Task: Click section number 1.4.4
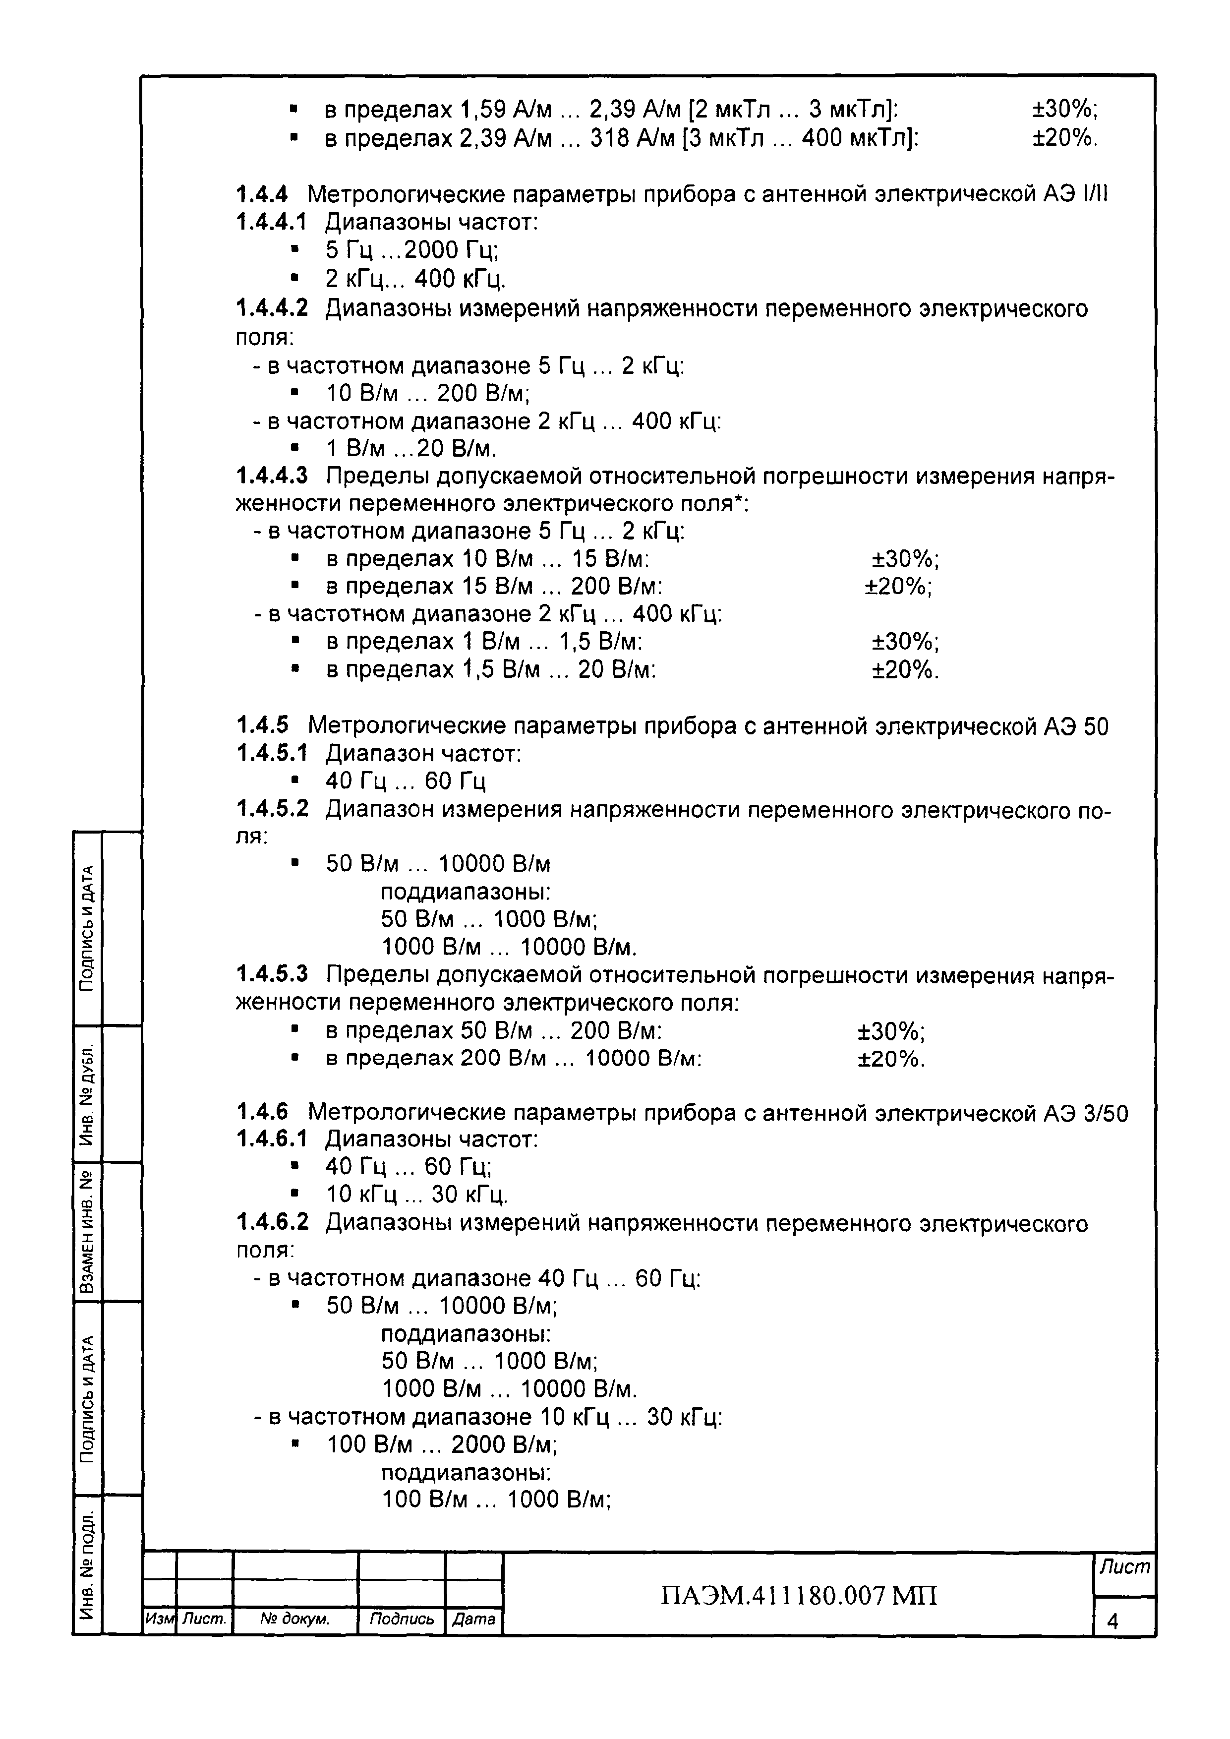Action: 262,195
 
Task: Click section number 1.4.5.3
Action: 273,974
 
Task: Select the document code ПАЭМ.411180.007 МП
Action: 799,1596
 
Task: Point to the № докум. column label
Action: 294,1619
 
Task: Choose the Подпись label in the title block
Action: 402,1619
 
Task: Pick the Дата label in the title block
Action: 473,1619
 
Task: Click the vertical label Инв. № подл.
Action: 88,1566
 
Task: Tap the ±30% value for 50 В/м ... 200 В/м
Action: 891,1031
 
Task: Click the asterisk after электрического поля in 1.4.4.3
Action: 738,499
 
